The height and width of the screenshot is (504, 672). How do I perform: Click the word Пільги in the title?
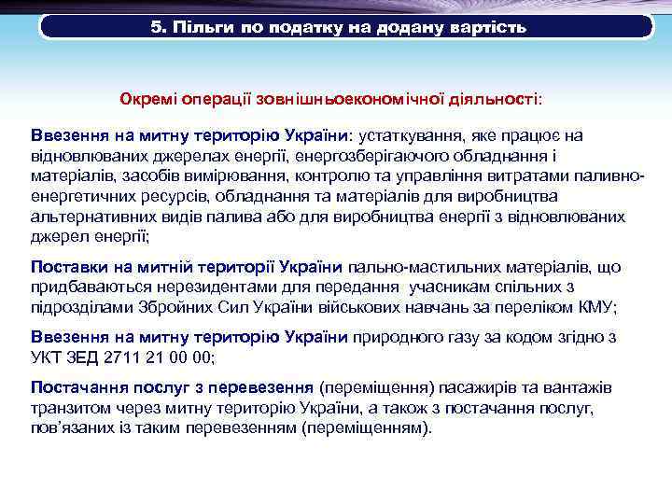(x=194, y=27)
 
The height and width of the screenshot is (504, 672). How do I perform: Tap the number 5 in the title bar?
(x=155, y=27)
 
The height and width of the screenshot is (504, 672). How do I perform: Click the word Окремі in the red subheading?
(x=147, y=98)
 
